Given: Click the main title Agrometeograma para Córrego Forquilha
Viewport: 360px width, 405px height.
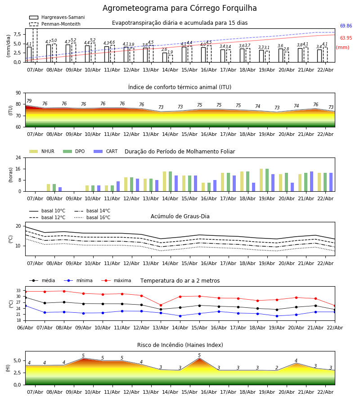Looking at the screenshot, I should [x=180, y=8].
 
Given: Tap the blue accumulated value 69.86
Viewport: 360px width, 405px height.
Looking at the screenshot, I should [x=346, y=26].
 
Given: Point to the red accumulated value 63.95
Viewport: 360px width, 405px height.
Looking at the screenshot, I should [x=346, y=38].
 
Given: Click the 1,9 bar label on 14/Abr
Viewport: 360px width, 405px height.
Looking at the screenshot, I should [x=170, y=53].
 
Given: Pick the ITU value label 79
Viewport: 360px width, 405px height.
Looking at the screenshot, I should [x=29, y=101].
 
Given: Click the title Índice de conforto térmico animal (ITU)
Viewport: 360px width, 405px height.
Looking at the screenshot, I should [x=180, y=87].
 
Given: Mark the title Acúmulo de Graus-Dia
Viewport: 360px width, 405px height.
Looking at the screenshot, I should [x=180, y=216].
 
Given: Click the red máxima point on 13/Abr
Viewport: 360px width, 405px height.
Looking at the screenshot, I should [x=161, y=305].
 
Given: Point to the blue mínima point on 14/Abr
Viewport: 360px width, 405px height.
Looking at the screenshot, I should [x=180, y=316].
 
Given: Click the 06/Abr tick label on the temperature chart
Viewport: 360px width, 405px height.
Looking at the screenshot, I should [x=25, y=328].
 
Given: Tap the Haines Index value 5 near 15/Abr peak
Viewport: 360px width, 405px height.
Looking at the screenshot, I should [x=199, y=355].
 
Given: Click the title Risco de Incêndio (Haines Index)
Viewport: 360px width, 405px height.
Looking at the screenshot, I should [x=180, y=345].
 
